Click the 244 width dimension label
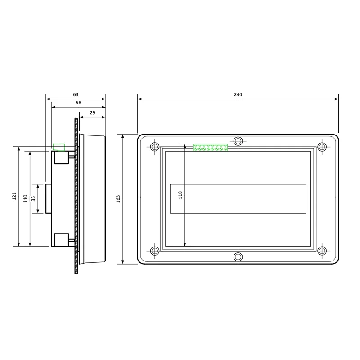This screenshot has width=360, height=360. coord(238,94)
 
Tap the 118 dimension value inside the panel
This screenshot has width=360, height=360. coord(180,195)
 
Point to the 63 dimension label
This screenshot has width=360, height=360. coord(76,94)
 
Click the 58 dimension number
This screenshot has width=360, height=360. coord(78,103)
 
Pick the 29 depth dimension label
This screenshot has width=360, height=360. coord(92,113)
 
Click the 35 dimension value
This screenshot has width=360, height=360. coord(34,198)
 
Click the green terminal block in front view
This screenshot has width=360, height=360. coord(211,147)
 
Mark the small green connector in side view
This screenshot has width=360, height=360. coord(59,147)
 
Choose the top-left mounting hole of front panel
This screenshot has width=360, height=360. coord(155,147)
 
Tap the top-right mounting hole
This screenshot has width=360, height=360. coord(321,147)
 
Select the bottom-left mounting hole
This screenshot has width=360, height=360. coord(155,251)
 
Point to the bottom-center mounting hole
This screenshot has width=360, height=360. coord(238,256)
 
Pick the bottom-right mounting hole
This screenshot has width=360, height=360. coord(321,251)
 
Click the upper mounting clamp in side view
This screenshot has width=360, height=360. coord(61,157)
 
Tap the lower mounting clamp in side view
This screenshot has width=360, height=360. coord(61,240)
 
